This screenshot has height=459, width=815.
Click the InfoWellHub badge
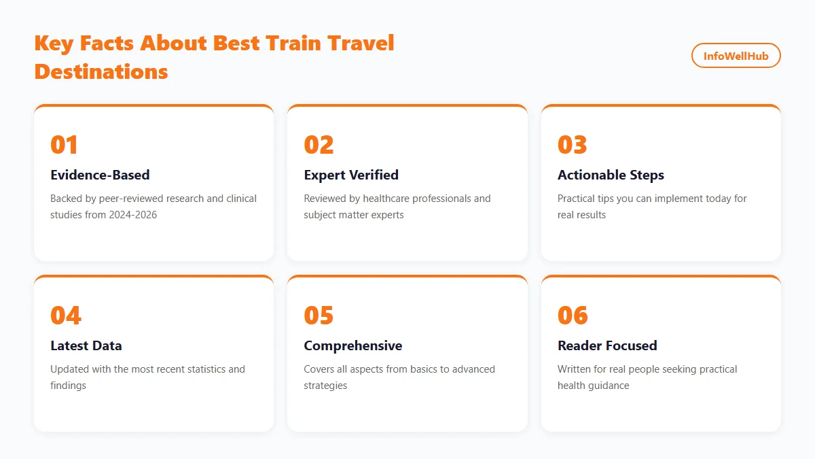736,56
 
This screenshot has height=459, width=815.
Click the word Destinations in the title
101,71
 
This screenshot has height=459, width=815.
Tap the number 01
65,145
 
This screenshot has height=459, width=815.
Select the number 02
319,145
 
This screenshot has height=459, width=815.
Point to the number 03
573,145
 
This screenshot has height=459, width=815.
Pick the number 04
66,316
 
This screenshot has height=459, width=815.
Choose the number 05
319,316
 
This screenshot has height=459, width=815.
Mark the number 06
573,316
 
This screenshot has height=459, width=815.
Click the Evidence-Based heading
100,175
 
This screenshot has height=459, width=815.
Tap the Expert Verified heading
351,175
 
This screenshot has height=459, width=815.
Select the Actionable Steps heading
611,175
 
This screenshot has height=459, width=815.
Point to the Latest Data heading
86,345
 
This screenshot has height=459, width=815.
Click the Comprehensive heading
353,345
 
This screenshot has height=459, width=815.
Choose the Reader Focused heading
607,345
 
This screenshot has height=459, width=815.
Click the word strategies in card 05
325,386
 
